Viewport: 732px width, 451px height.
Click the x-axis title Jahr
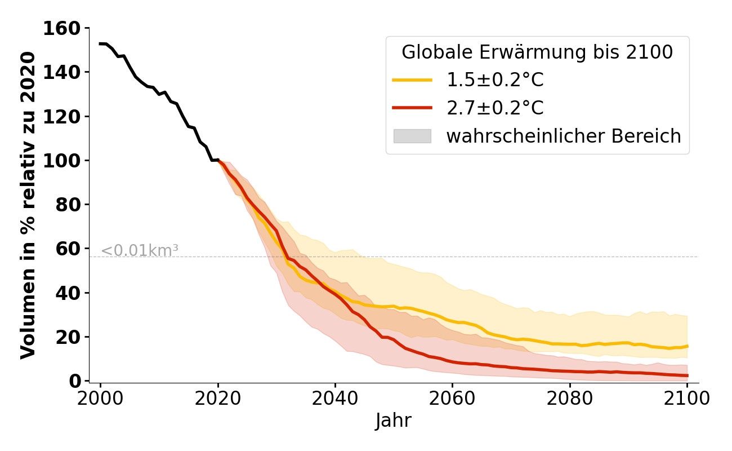(x=394, y=421)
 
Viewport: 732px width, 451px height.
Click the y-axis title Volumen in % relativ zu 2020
(x=28, y=205)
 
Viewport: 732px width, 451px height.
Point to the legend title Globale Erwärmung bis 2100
(x=537, y=52)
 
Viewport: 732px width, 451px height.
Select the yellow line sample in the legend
(x=412, y=81)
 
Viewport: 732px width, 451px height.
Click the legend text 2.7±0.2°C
(x=495, y=108)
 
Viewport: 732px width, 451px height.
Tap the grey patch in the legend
(x=412, y=136)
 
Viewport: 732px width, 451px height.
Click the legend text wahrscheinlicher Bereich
(x=564, y=136)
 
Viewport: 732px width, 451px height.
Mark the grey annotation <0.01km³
(x=140, y=250)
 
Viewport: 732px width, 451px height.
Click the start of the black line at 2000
(x=100, y=43)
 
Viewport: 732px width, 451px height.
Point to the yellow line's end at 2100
(x=687, y=346)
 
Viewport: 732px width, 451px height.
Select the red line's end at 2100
(x=687, y=375)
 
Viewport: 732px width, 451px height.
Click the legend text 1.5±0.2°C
(x=495, y=81)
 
